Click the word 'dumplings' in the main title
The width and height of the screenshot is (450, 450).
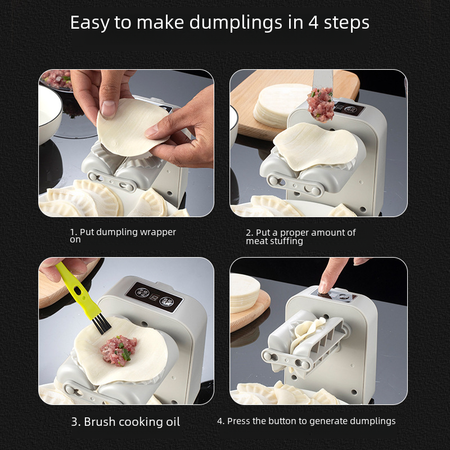[x=236, y=23]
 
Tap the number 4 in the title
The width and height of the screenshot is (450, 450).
[x=314, y=22]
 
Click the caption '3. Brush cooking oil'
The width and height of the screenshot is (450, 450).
[x=125, y=422]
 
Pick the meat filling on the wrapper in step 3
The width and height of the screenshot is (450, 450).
[x=118, y=350]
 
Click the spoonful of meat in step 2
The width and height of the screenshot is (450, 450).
[x=321, y=105]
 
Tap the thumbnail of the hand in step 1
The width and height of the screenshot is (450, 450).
[x=108, y=108]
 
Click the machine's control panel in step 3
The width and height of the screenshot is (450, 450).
[x=155, y=297]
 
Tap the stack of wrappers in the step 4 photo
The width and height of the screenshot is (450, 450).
[x=244, y=292]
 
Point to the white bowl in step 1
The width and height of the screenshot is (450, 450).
[x=49, y=114]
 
